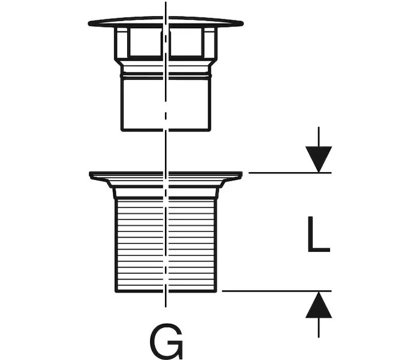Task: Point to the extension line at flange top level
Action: pos(288,173)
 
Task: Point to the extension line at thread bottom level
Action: pos(270,291)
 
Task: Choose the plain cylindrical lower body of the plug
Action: pos(144,105)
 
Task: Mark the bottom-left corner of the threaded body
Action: pos(116,290)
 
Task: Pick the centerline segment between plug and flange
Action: pos(166,150)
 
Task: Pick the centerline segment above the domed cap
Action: pos(166,8)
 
